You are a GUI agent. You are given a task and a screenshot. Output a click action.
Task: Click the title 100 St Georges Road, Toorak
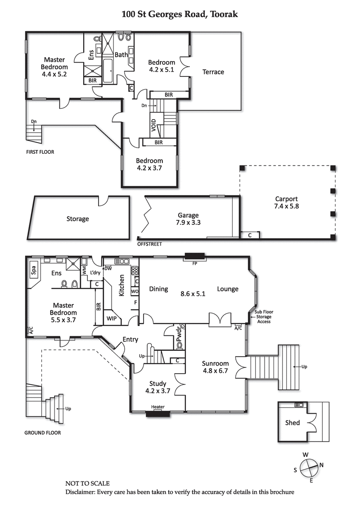pyautogui.click(x=180, y=14)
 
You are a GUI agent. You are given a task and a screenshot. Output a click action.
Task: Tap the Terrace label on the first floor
pyautogui.click(x=213, y=72)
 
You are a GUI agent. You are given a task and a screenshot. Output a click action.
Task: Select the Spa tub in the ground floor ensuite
pyautogui.click(x=33, y=270)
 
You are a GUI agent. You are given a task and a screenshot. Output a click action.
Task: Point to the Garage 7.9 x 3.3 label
pyautogui.click(x=188, y=219)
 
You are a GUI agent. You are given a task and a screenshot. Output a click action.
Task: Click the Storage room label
pyautogui.click(x=77, y=219)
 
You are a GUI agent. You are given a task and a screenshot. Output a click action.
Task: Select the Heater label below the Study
pyautogui.click(x=157, y=408)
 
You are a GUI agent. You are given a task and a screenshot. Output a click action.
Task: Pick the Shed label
pyautogui.click(x=292, y=423)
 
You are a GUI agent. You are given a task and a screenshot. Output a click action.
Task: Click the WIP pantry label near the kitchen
pyautogui.click(x=111, y=318)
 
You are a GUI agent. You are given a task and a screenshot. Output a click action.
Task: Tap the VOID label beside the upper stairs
pyautogui.click(x=154, y=124)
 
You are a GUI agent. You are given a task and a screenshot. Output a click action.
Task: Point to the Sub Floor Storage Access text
pyautogui.click(x=264, y=317)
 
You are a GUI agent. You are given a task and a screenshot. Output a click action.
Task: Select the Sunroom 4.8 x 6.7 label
pyautogui.click(x=215, y=367)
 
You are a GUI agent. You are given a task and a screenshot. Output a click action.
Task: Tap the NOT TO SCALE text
pyautogui.click(x=87, y=484)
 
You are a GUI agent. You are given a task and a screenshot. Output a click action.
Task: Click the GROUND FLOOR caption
pyautogui.click(x=42, y=433)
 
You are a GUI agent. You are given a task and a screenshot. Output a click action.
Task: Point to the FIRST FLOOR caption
pyautogui.click(x=40, y=152)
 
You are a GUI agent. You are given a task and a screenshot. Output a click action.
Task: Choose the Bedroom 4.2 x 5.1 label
pyautogui.click(x=162, y=66)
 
